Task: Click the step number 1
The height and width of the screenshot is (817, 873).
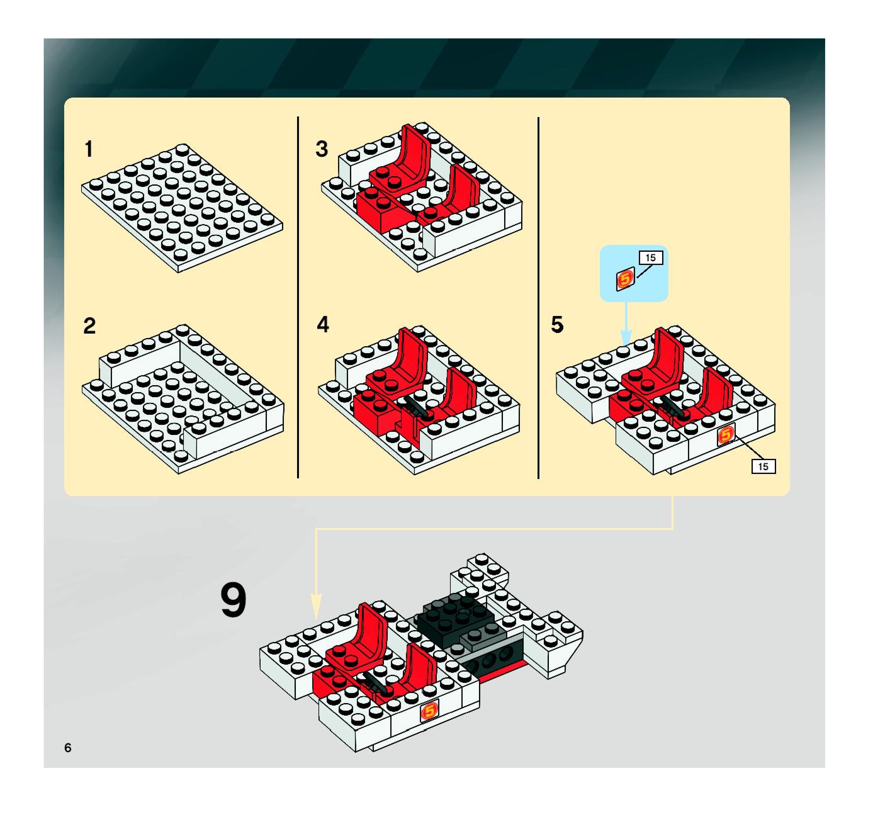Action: click(x=89, y=149)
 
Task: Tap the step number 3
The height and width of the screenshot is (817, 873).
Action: click(x=322, y=149)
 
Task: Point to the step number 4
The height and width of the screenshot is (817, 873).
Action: click(x=323, y=324)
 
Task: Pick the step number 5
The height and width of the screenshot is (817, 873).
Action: click(x=557, y=324)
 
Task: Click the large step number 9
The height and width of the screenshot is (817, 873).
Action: click(x=233, y=600)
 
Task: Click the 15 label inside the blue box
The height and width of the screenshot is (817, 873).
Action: click(x=651, y=258)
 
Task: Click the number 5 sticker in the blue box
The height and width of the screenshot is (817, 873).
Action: click(x=625, y=279)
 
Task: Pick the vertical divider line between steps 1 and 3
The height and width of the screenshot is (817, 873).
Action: click(x=298, y=297)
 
